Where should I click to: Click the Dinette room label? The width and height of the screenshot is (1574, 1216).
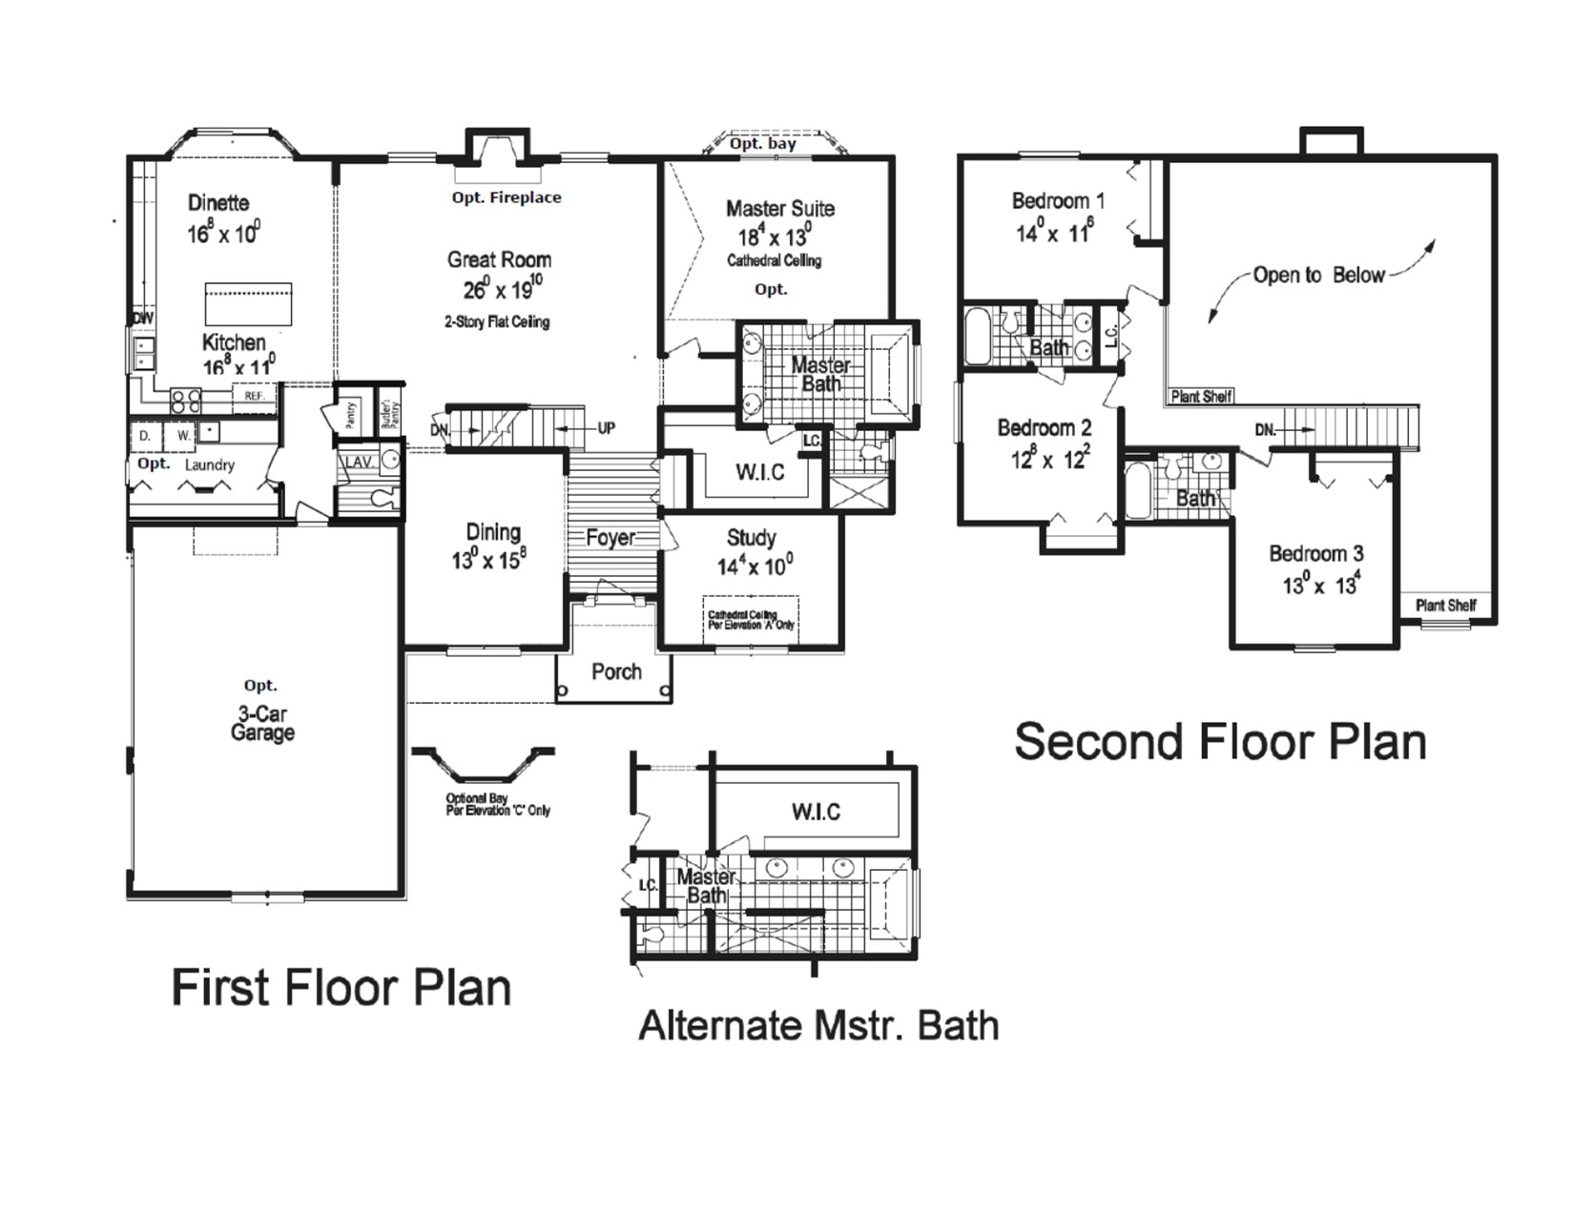click(218, 203)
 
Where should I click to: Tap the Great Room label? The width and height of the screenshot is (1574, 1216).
click(499, 259)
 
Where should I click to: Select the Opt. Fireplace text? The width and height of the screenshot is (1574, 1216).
click(506, 197)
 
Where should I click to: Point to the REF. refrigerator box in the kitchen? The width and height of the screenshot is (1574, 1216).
click(254, 395)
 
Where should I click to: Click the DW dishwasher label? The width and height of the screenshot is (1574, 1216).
click(143, 319)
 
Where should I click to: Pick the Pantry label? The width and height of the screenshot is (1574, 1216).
click(350, 415)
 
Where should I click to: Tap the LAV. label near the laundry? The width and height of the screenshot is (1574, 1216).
click(358, 463)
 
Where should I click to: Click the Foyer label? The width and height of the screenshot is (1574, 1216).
click(611, 538)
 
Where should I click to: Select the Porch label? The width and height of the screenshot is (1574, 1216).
click(616, 671)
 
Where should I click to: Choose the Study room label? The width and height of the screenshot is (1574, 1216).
click(751, 538)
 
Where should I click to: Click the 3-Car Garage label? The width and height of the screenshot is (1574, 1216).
click(262, 724)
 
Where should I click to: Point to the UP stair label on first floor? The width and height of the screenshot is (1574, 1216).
click(606, 428)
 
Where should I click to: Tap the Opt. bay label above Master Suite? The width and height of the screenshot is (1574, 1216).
click(762, 144)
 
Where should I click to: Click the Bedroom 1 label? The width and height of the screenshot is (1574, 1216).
click(1058, 201)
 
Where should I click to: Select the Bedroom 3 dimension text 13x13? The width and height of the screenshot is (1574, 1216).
click(1320, 585)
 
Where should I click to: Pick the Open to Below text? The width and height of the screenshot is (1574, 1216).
click(1318, 276)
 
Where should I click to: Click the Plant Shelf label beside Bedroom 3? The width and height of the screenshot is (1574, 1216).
click(1445, 605)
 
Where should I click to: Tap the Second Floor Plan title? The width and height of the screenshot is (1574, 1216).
click(1220, 741)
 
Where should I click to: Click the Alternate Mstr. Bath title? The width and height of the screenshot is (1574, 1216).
click(818, 1026)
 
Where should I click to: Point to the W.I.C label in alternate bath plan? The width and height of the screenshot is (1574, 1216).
click(816, 812)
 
